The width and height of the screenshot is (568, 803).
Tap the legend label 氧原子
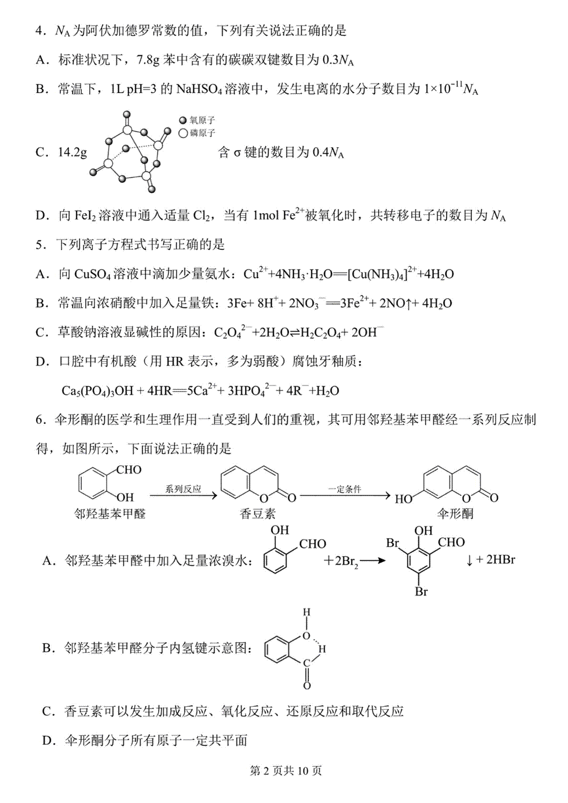click(x=202, y=120)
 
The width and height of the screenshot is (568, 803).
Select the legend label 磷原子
click(x=202, y=133)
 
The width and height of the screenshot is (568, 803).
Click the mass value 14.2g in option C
click(x=72, y=153)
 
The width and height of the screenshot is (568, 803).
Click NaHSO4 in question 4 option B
click(x=199, y=89)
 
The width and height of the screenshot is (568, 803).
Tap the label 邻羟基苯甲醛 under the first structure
click(x=109, y=514)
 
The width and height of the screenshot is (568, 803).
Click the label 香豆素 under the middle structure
click(x=257, y=514)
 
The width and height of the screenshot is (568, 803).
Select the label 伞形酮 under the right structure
click(x=455, y=514)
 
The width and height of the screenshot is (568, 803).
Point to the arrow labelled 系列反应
click(x=183, y=496)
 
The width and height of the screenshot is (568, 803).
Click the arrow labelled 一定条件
click(x=345, y=496)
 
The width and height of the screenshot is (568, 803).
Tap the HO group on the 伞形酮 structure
click(x=403, y=499)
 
